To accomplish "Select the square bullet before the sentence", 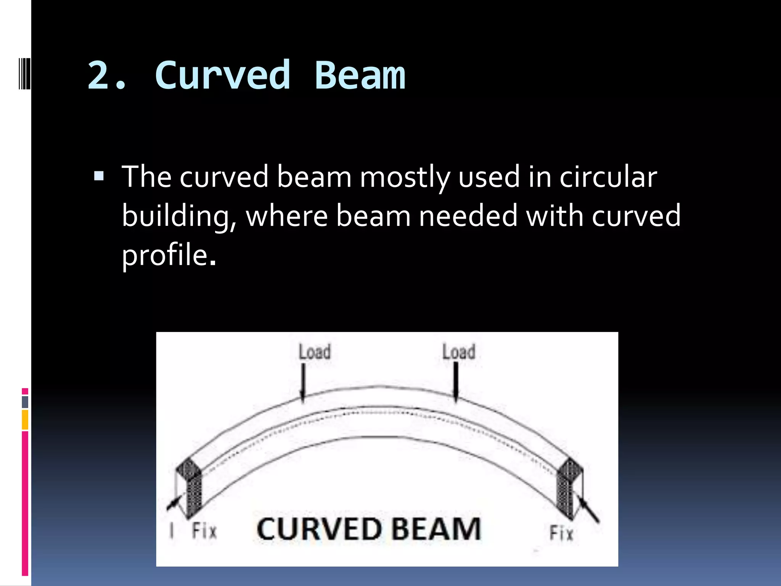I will coord(99,176).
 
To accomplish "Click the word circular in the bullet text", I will coord(608,177).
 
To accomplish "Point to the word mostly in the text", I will coord(405,178).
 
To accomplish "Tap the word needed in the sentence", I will coord(468,216).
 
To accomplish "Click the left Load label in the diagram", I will coord(315,352).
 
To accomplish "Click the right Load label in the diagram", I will coord(459,352).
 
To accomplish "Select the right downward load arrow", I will coord(456,382).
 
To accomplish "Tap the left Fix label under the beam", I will coord(204,531).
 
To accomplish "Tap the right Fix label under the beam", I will coord(561,533).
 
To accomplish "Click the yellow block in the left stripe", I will coord(25,420).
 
